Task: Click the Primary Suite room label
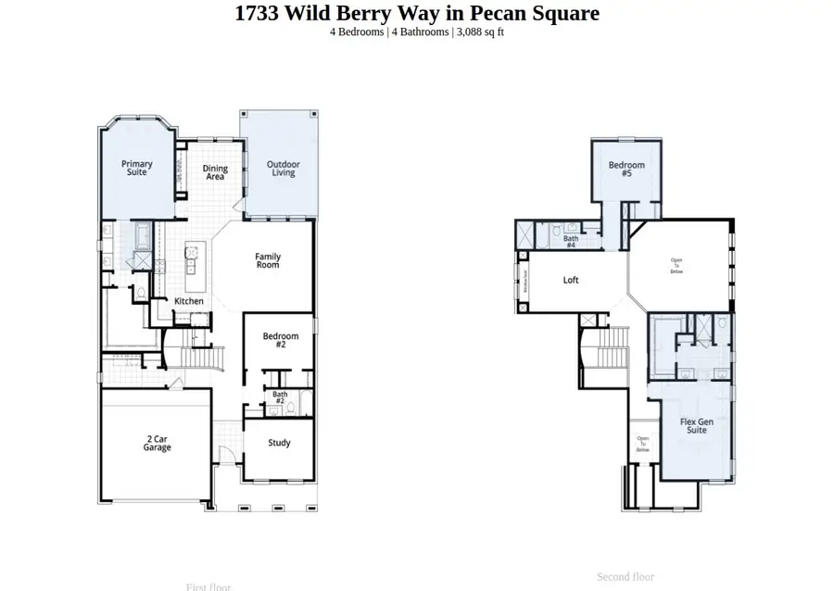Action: (137, 168)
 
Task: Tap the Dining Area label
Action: (216, 171)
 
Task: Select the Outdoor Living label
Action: (284, 169)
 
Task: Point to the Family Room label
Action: (268, 261)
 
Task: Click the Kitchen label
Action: (189, 301)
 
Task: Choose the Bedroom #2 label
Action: (281, 340)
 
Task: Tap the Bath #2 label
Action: (279, 397)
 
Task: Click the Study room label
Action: (280, 443)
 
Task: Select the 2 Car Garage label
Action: (158, 443)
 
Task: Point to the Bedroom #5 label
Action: (626, 169)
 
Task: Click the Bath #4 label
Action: (571, 241)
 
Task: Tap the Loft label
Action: (571, 280)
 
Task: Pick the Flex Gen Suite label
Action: (697, 426)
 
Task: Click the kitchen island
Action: (193, 258)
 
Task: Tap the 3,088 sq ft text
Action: (478, 32)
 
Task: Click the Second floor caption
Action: (625, 576)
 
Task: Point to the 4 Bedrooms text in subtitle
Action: (357, 32)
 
